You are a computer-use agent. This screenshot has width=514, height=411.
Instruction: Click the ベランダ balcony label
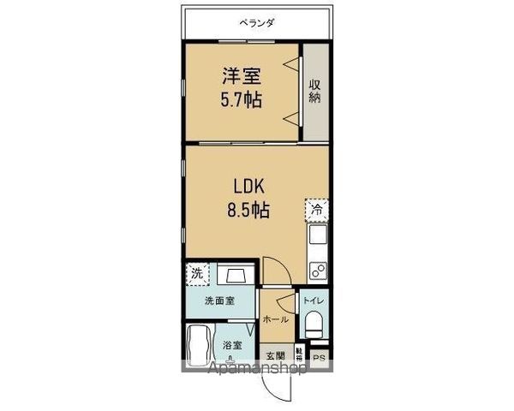[257, 23]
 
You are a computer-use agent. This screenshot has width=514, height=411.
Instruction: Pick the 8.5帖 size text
[248, 209]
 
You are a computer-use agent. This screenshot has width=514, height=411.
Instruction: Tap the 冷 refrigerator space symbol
[315, 209]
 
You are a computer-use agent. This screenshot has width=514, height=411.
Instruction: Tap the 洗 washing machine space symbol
[196, 275]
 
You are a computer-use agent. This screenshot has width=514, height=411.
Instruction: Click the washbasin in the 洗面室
[233, 276]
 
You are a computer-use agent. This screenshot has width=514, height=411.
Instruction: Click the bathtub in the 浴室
[198, 345]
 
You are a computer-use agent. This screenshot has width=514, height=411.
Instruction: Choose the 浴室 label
[232, 344]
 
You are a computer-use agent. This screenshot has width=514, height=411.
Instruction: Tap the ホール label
[275, 319]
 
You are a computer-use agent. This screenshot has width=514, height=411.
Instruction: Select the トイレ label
[312, 301]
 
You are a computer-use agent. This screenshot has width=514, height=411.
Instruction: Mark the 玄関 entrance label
[274, 355]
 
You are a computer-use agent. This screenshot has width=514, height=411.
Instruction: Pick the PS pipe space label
[319, 358]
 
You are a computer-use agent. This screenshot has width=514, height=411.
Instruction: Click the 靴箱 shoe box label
[299, 353]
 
